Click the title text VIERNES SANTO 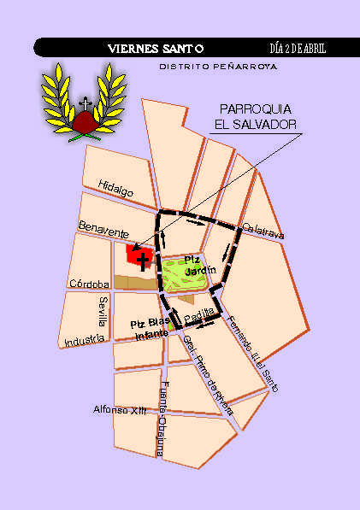coord(156,48)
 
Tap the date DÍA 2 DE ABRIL coord(297,48)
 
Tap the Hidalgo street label coord(116,192)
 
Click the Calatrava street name coord(263,232)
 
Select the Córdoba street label coord(89,284)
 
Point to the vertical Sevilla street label coord(103,312)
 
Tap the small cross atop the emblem coord(84,103)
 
